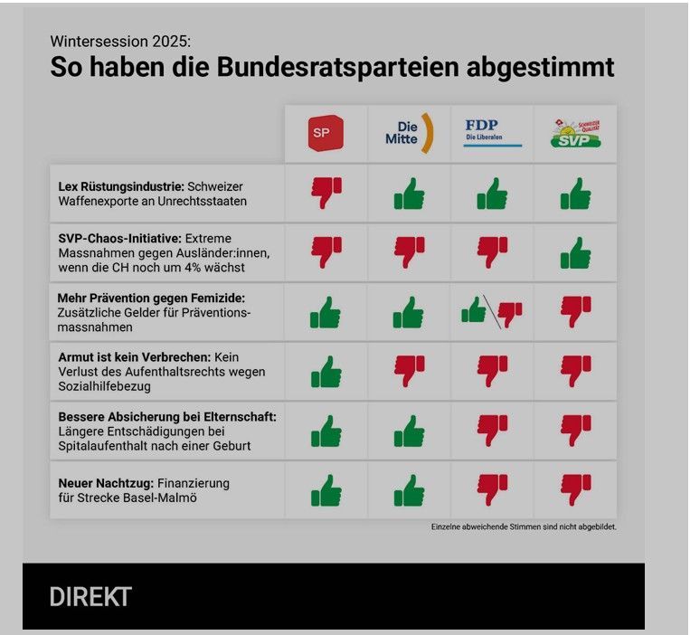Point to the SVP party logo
point(575,134)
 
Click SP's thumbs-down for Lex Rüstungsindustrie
point(326,192)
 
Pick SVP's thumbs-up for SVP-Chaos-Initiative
point(575,252)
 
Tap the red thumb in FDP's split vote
point(510,313)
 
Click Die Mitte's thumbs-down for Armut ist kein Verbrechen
point(409,370)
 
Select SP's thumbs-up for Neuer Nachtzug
point(326,490)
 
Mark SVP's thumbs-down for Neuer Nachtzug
point(575,489)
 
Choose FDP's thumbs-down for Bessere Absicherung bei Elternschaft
point(492,430)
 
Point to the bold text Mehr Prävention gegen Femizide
point(151,298)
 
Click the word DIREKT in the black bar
point(90,597)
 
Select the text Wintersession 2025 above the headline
point(120,42)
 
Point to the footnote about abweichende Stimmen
point(524,526)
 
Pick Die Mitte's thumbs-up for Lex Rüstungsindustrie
point(409,193)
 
